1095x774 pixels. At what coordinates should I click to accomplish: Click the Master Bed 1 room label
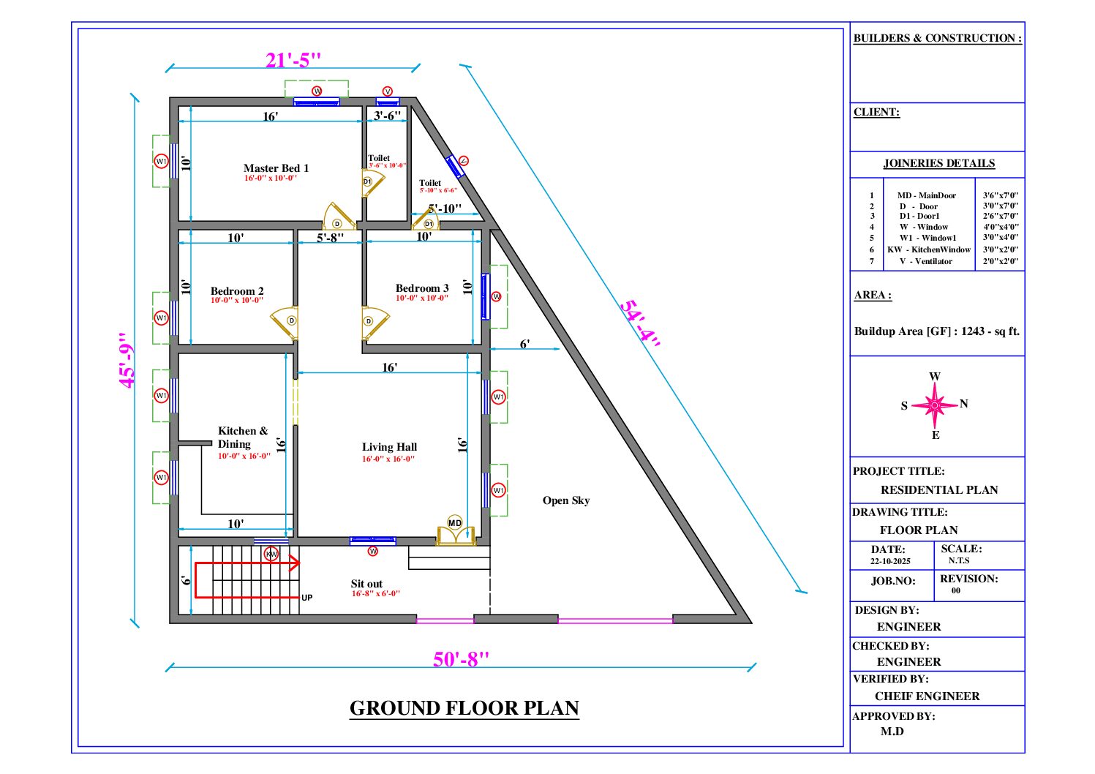276,168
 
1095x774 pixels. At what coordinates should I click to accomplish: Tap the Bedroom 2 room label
237,291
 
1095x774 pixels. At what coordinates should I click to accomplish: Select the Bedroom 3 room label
422,288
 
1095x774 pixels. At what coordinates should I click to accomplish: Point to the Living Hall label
389,447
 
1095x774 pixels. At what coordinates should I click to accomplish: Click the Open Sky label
565,500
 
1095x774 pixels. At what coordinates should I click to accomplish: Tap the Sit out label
366,584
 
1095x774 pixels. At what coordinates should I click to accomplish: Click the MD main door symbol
455,522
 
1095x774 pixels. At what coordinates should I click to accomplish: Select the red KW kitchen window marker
271,554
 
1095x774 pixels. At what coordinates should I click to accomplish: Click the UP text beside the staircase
307,598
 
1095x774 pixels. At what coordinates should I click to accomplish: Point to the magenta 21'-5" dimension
293,60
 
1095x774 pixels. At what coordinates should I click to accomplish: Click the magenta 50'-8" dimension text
461,659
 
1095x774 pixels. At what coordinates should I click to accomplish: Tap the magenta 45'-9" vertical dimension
127,360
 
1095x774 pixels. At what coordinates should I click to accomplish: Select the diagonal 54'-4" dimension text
641,324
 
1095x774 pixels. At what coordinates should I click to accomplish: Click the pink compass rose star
934,405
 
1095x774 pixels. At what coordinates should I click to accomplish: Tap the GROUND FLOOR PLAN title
464,708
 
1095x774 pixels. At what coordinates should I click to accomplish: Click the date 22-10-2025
890,561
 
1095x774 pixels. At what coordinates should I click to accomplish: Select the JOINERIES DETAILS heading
938,163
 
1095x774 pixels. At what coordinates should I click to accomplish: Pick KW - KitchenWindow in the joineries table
929,249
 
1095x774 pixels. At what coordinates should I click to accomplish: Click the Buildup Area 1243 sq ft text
936,331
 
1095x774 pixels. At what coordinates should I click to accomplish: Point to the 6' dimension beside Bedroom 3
524,344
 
